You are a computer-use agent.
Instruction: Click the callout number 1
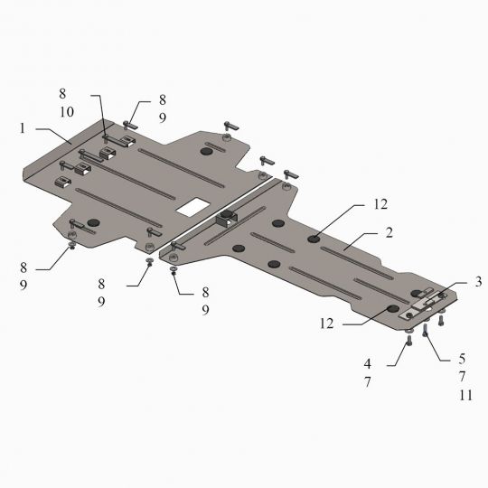click(x=22, y=128)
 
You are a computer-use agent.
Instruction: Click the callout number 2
click(x=389, y=233)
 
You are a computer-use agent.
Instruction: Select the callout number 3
click(x=478, y=282)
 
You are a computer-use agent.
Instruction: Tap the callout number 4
click(x=368, y=363)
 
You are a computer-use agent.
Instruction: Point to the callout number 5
click(x=462, y=359)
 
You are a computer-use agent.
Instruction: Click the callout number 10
click(x=67, y=112)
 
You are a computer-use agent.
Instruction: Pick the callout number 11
click(x=465, y=395)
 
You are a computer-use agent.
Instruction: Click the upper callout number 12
click(x=380, y=204)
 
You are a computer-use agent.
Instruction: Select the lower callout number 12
click(x=327, y=324)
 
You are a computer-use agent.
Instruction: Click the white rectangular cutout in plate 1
click(x=192, y=207)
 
